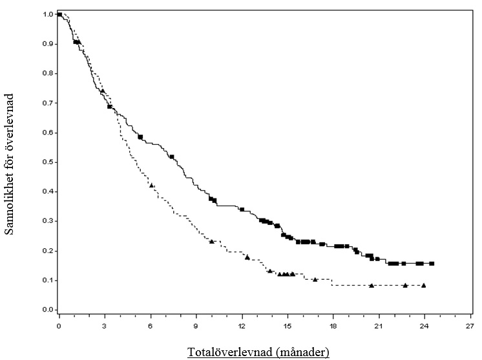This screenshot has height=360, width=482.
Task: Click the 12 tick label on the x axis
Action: [x=242, y=326]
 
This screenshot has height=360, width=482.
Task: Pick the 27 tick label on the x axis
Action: [x=470, y=326]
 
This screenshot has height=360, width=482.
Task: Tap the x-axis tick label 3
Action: [x=105, y=326]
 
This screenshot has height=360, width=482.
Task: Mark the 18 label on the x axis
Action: [x=333, y=326]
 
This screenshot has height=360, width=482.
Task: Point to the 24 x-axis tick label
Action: [x=424, y=326]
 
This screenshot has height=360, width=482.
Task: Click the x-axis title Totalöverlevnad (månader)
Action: [x=258, y=352]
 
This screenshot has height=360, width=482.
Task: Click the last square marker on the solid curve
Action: [x=432, y=264]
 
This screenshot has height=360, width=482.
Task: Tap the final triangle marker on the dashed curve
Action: [x=423, y=285]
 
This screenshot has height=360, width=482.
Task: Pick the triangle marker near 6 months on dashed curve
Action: [x=152, y=185]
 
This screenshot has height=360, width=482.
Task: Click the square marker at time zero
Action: [x=59, y=14]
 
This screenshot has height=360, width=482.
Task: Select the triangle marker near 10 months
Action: [x=212, y=241]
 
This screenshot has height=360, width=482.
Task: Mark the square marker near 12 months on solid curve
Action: [x=242, y=209]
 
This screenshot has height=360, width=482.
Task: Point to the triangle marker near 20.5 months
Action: [x=372, y=285]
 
